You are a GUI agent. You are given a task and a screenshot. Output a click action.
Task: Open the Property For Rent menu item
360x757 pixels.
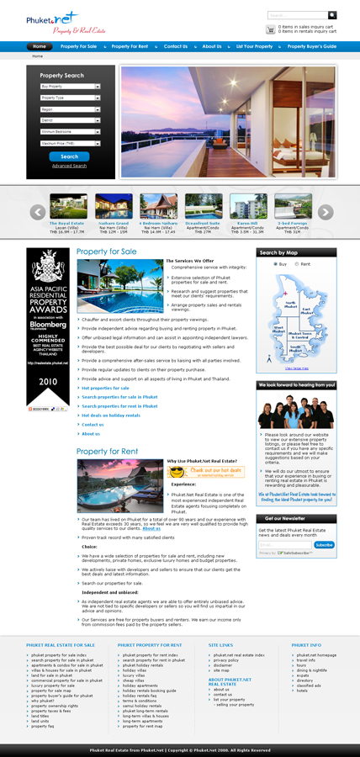(x=130, y=46)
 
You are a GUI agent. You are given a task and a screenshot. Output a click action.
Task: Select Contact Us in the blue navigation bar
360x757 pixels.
(x=176, y=46)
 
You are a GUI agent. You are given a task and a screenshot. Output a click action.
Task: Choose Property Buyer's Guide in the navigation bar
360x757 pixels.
(x=311, y=46)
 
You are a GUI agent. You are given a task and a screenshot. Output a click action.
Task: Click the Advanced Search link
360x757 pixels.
(x=69, y=166)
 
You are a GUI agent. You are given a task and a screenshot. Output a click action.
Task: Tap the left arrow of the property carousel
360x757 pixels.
(x=37, y=212)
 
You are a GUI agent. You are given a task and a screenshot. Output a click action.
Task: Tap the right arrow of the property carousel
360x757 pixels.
(x=326, y=212)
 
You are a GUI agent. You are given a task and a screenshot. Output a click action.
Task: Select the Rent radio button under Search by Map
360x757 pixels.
(x=298, y=264)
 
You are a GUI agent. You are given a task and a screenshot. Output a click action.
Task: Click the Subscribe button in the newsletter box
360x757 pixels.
(x=324, y=545)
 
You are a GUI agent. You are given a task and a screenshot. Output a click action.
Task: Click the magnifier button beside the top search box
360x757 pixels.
(x=333, y=15)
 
